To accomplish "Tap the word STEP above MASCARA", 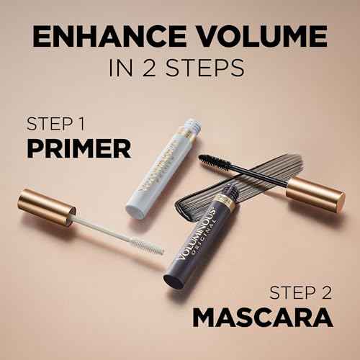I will click(x=292, y=292).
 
